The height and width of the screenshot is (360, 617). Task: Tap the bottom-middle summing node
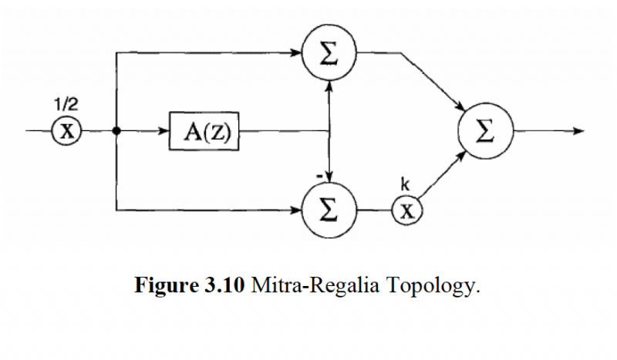click(329, 210)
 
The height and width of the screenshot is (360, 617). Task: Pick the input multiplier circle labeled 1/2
click(67, 131)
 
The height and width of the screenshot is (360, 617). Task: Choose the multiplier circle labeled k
click(406, 210)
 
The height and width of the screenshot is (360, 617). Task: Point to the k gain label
click(405, 184)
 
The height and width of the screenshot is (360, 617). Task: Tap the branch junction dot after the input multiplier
click(116, 131)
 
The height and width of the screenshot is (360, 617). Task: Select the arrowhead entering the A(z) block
click(164, 131)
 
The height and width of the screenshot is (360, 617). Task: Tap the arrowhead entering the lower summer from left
click(297, 209)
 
